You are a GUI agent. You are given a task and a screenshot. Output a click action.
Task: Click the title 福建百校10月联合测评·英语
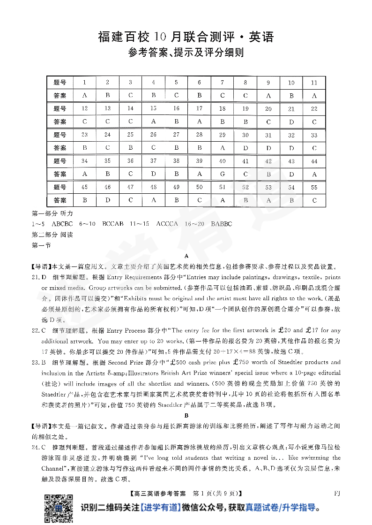(186, 37)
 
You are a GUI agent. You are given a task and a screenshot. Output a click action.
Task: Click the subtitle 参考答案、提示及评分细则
(186, 53)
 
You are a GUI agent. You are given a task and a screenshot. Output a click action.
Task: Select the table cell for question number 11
(314, 83)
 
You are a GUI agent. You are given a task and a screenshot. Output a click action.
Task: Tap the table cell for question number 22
(314, 109)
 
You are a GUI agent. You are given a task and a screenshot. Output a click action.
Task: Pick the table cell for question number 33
(314, 135)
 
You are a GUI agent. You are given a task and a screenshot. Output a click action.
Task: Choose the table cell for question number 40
(223, 161)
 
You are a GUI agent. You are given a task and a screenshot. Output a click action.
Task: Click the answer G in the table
(223, 174)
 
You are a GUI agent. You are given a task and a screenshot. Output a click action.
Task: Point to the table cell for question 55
(314, 188)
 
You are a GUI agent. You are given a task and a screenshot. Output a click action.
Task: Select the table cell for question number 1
(85, 83)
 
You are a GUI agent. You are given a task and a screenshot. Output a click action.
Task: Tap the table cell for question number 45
(85, 188)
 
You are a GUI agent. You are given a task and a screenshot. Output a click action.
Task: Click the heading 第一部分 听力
(49, 213)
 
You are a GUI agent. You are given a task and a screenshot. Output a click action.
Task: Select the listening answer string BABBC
(222, 224)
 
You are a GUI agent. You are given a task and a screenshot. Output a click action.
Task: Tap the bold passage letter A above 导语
(186, 256)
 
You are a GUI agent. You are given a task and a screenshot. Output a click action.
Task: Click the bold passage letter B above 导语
(186, 415)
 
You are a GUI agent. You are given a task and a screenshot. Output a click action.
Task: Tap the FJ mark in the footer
(337, 493)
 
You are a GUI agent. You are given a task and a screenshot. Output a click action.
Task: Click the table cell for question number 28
(200, 135)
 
